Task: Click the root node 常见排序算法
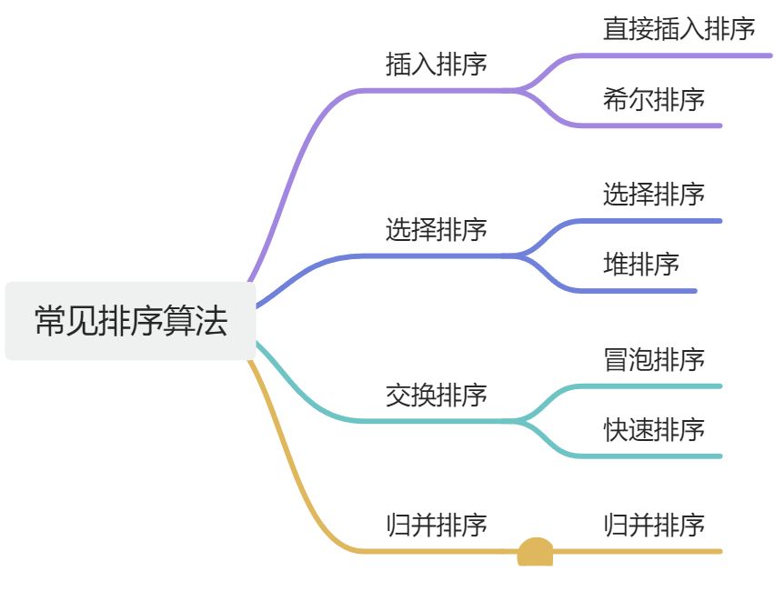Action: pos(130,321)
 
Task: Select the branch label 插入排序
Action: pos(436,65)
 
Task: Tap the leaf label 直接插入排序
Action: pos(679,29)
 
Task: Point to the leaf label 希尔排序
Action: pos(653,99)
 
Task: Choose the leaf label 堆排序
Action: pos(640,265)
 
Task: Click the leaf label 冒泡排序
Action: pos(653,359)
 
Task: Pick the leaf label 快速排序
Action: pos(653,429)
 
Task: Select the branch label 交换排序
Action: pos(436,396)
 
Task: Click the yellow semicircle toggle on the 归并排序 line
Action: pos(535,552)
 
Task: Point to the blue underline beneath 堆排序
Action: pos(646,291)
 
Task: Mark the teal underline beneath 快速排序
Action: pos(655,456)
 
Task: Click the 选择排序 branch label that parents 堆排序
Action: pos(436,230)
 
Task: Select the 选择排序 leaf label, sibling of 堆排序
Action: pos(653,194)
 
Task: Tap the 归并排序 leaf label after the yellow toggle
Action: pos(653,525)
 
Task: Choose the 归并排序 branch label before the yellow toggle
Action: pos(436,525)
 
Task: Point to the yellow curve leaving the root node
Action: pos(291,455)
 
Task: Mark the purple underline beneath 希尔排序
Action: pos(655,125)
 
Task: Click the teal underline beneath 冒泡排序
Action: pos(655,386)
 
